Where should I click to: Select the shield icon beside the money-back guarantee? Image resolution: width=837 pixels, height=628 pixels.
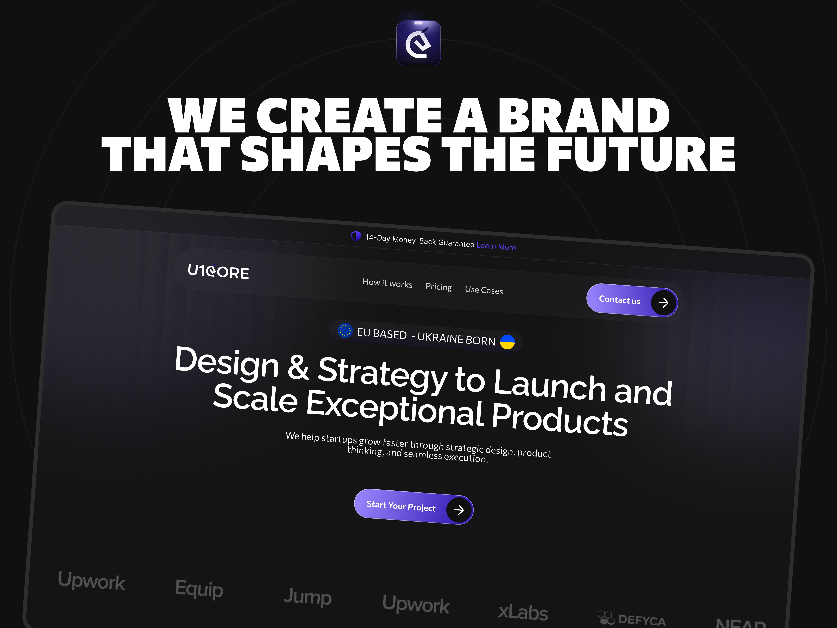[x=356, y=236]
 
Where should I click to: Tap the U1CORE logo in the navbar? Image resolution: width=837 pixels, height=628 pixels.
[x=218, y=271]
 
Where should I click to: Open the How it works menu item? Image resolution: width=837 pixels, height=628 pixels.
[x=387, y=283]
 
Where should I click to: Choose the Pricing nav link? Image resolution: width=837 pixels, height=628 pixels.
[x=439, y=287]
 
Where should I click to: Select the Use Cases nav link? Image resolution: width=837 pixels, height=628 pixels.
[x=484, y=290]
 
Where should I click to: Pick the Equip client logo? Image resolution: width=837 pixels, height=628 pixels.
[x=199, y=589]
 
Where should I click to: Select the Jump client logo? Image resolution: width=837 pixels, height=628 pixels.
[x=308, y=597]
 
